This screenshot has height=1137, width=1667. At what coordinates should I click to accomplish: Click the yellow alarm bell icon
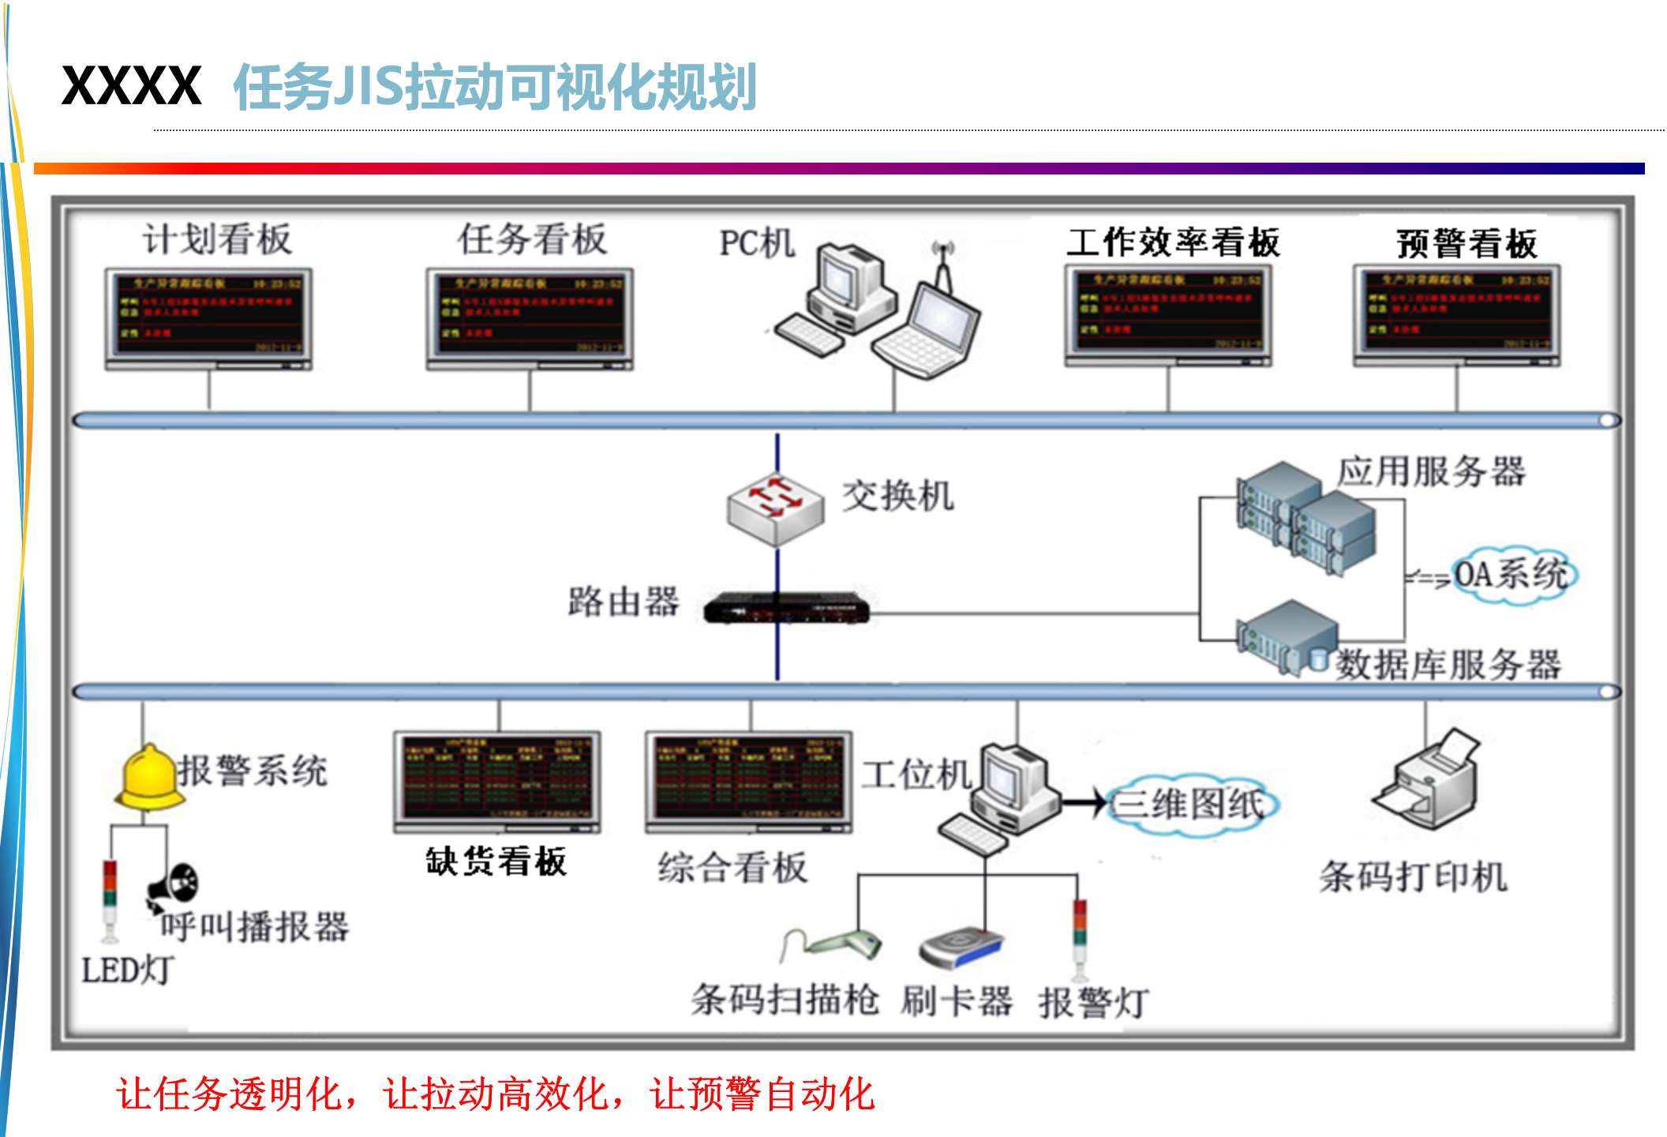pos(148,779)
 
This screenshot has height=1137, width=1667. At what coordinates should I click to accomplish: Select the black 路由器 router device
pos(786,609)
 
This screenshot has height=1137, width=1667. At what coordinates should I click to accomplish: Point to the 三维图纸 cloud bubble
pos(1191,805)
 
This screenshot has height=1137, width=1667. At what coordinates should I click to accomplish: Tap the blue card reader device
pos(961,947)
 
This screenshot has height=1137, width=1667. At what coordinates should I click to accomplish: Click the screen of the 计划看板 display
pos(208,314)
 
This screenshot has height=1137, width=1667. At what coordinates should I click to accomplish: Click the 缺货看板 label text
pos(496,861)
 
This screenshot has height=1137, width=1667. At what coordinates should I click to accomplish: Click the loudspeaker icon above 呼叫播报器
pos(174,884)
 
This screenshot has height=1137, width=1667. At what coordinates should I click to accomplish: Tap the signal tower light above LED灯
pos(110,900)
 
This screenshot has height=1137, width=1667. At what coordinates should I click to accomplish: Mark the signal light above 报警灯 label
pos(1079,936)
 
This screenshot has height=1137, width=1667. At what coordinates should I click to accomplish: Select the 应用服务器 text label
pos(1430,471)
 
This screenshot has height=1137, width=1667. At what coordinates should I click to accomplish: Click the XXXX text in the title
pos(132,86)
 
